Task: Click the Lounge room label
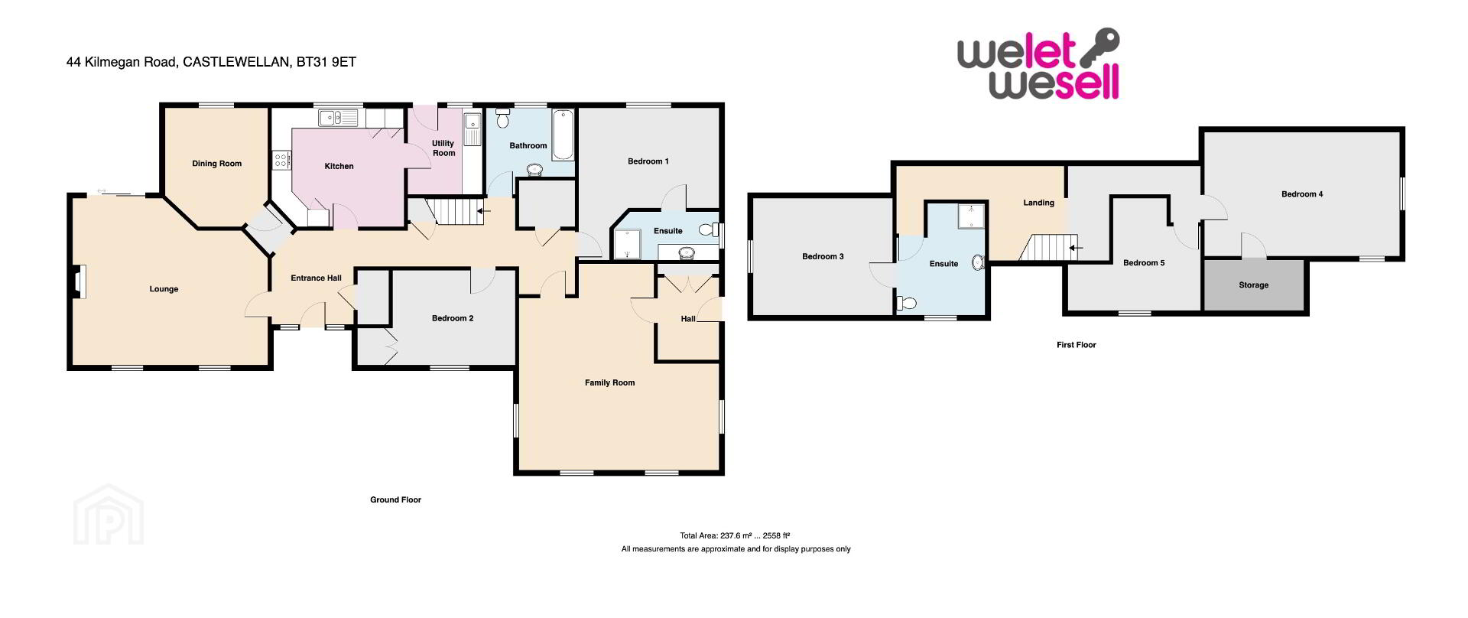pos(164,289)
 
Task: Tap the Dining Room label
pos(216,164)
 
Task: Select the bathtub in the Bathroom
pos(563,135)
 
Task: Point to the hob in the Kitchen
pos(281,160)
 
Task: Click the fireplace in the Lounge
pos(79,281)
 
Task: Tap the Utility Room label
pos(443,148)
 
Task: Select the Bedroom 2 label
pos(453,318)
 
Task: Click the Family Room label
pos(609,382)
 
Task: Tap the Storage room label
pos(1253,285)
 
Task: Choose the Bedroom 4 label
pos(1302,194)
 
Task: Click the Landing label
pos(1038,203)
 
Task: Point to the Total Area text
pos(734,535)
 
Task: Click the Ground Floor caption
pos(395,499)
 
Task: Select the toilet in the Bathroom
pos(502,119)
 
